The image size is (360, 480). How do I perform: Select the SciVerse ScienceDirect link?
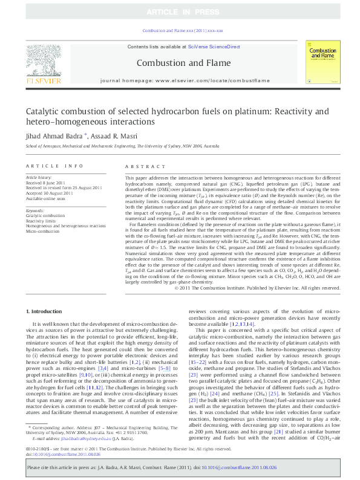(x=214, y=47)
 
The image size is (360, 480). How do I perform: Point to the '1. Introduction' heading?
(x=48, y=311)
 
